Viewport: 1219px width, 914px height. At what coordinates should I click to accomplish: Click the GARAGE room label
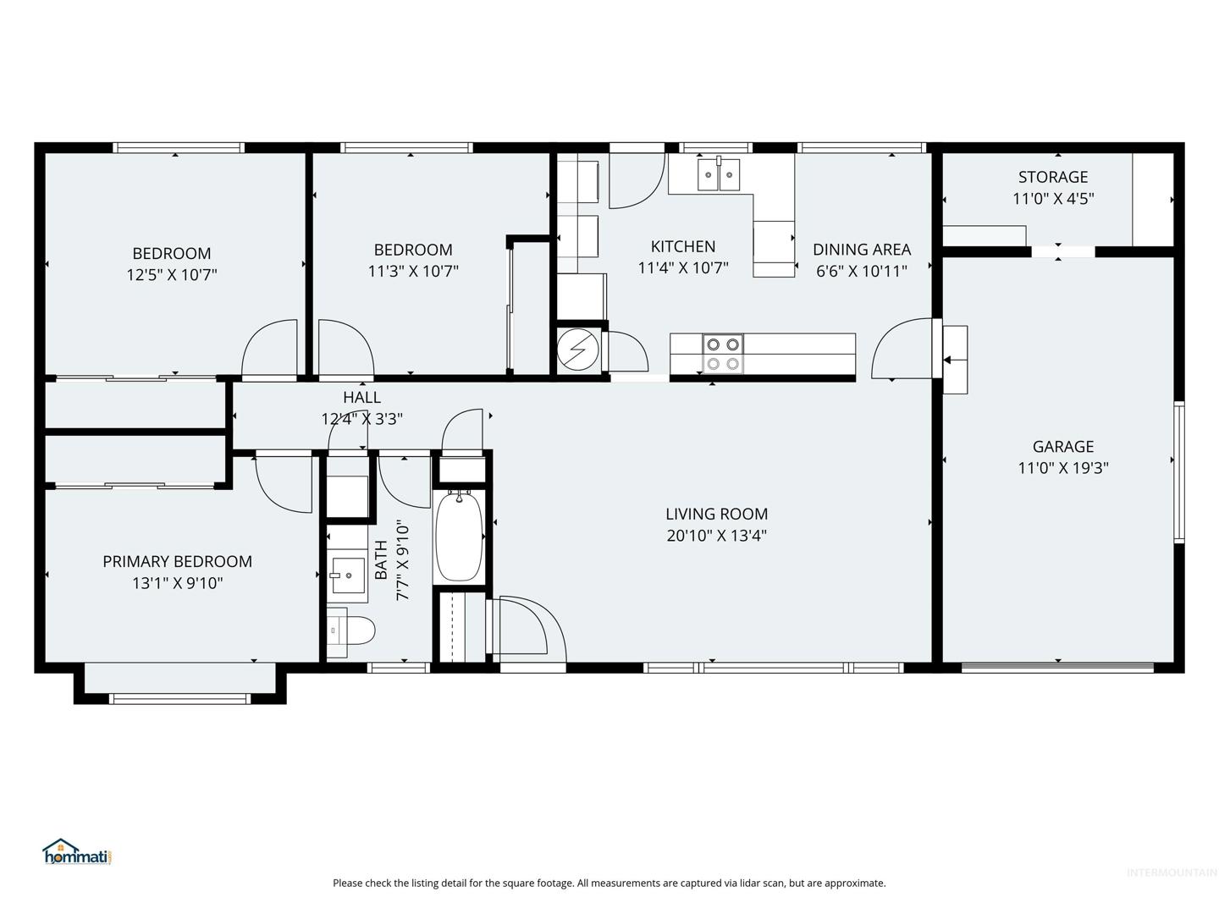1062,447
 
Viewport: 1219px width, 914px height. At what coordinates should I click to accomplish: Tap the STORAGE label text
1052,177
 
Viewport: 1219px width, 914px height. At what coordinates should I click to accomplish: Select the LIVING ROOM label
716,514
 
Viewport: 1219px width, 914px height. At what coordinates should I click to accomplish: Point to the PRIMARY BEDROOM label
177,562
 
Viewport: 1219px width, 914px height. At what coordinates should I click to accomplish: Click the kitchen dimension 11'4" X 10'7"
682,268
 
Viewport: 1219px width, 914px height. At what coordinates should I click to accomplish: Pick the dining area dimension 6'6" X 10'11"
862,271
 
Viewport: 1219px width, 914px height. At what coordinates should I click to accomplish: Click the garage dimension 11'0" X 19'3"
1062,468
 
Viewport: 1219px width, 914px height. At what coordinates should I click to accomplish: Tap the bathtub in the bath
459,536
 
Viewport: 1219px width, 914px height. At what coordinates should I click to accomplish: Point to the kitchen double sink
719,174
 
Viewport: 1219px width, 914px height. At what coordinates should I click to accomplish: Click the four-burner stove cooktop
723,354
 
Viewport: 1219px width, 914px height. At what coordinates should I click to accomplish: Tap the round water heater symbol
578,350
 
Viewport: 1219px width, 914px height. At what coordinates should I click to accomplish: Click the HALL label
361,398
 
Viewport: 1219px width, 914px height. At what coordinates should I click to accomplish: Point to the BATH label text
382,560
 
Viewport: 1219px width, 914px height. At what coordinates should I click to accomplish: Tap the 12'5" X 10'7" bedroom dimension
172,275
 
